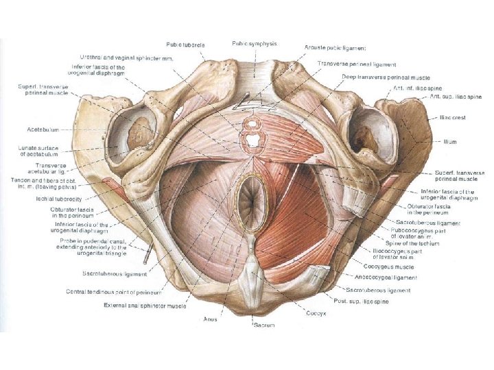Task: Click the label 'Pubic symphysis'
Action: pos(255,43)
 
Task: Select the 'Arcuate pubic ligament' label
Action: pos(336,48)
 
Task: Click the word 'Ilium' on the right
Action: pos(450,142)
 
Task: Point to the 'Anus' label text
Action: pos(211,319)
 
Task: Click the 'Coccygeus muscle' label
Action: pos(395,268)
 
